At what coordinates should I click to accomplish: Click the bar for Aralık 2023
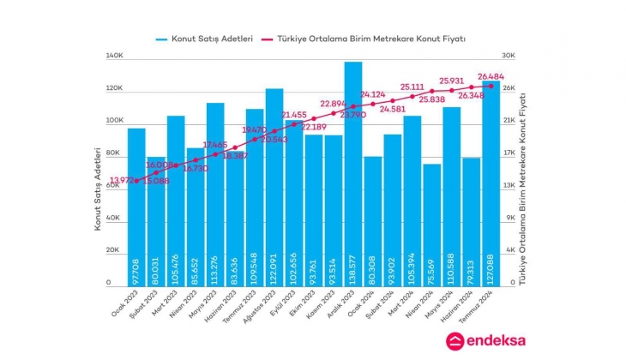click(x=353, y=171)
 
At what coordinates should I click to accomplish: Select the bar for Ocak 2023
click(x=136, y=206)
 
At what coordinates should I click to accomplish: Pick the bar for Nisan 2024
click(x=432, y=223)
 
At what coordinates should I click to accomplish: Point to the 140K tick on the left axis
click(x=114, y=57)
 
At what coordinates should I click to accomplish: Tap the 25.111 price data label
click(x=412, y=87)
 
